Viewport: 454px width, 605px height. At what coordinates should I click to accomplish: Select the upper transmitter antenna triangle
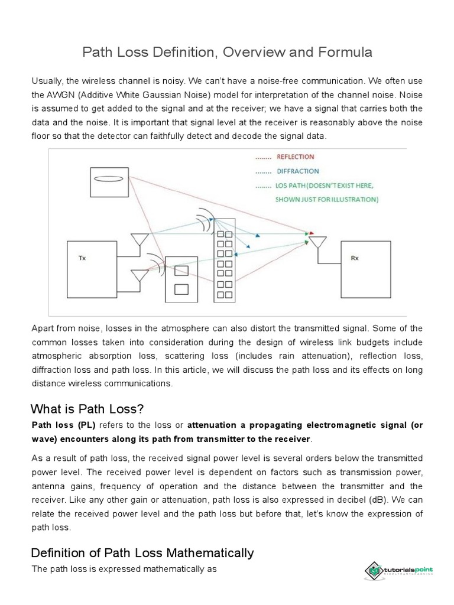(140, 240)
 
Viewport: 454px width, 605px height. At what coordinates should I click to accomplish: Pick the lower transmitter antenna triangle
(140, 275)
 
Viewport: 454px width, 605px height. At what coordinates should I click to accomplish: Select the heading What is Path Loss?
(87, 409)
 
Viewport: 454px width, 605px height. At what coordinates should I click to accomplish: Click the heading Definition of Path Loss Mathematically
(142, 553)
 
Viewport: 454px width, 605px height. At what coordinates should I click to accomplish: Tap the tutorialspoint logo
(400, 570)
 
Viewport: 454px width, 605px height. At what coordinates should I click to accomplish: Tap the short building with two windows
(181, 280)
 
